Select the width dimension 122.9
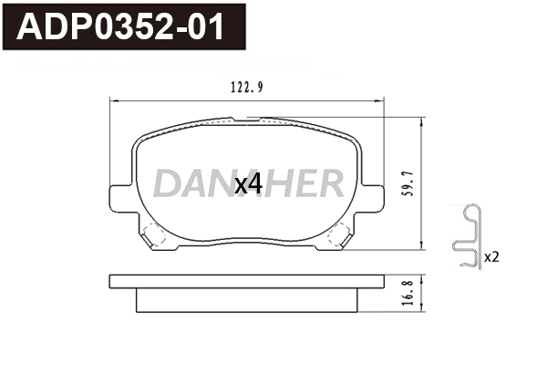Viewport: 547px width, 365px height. pyautogui.click(x=247, y=88)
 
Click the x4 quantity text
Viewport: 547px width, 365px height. pyautogui.click(x=248, y=183)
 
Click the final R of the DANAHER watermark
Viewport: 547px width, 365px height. pyautogui.click(x=331, y=183)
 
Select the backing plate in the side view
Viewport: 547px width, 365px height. pyautogui.click(x=246, y=281)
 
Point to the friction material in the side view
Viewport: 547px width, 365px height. pyautogui.click(x=246, y=299)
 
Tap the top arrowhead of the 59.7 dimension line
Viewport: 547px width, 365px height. pyautogui.click(x=420, y=119)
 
